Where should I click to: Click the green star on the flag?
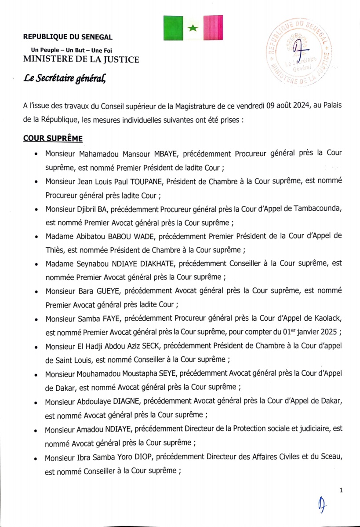click(192, 28)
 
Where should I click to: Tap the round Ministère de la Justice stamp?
click(298, 53)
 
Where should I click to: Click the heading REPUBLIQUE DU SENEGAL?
click(68, 37)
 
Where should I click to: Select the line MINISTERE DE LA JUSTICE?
click(81, 59)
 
